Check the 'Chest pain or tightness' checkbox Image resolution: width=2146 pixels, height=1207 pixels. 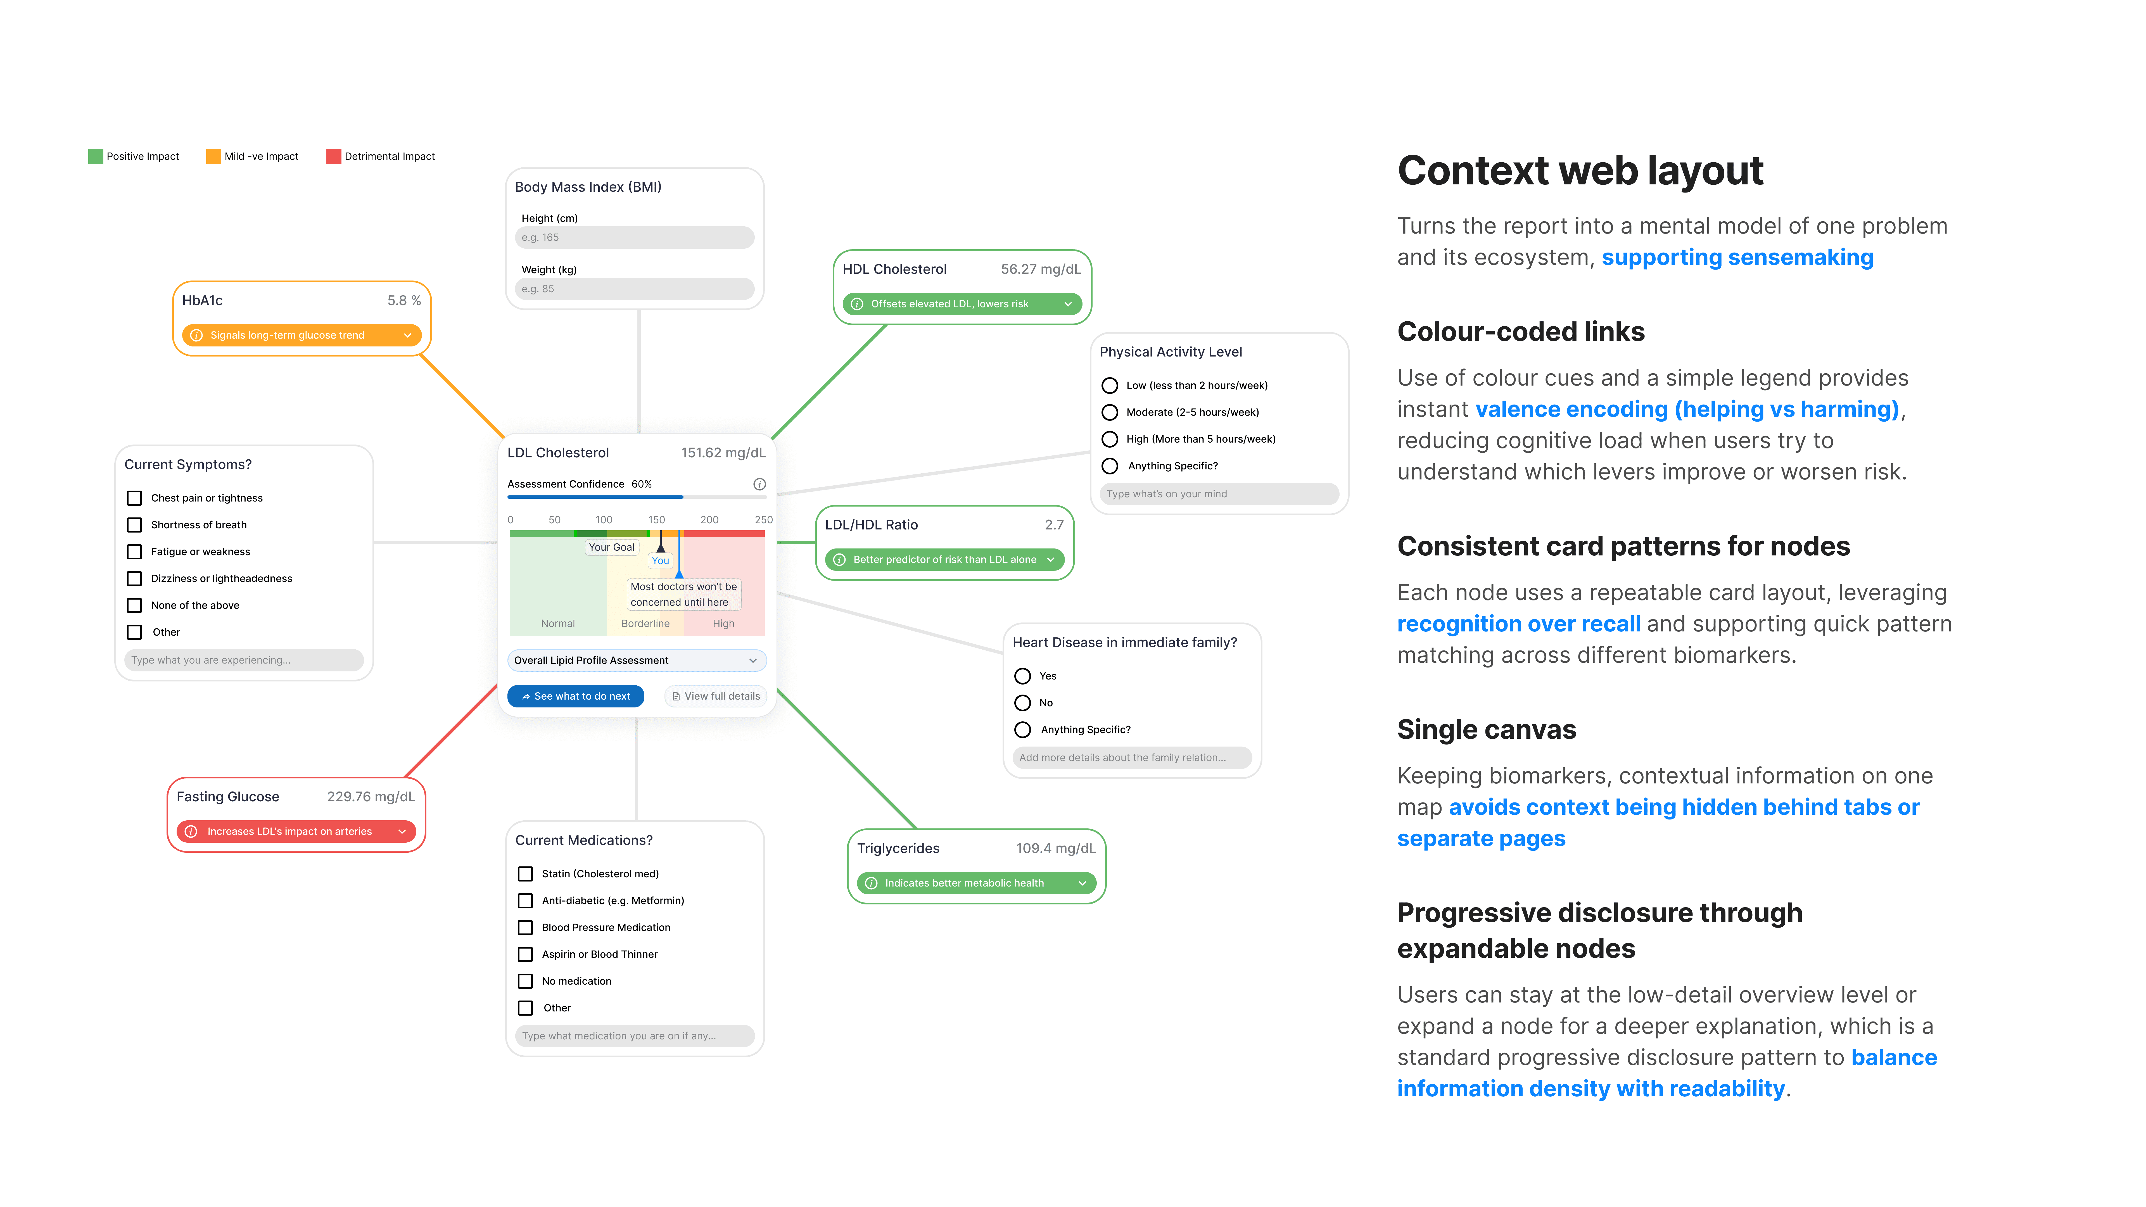(134, 498)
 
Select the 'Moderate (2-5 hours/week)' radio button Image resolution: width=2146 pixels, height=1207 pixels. (1110, 412)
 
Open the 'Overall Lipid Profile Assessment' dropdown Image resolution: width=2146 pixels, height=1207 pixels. (637, 660)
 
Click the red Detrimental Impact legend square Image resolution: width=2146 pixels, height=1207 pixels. (333, 156)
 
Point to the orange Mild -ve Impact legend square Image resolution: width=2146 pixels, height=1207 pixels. (213, 156)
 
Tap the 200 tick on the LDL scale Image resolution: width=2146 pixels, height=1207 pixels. (709, 520)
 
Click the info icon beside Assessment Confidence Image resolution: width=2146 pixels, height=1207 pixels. (759, 484)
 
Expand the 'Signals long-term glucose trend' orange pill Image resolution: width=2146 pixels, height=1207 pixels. (302, 336)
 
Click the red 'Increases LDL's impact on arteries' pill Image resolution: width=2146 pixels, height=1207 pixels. (296, 831)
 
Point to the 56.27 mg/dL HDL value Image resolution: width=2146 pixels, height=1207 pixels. (1040, 269)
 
